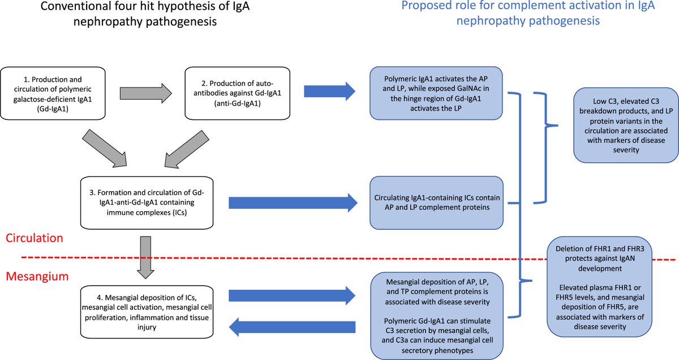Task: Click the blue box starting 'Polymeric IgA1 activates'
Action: pos(436,93)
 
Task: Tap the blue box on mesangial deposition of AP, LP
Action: pos(436,315)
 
